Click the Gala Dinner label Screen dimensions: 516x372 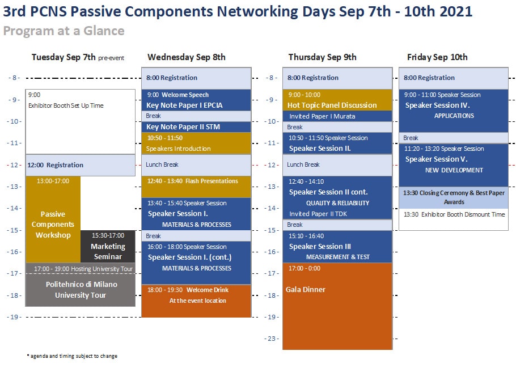click(x=306, y=289)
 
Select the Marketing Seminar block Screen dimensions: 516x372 click(x=108, y=246)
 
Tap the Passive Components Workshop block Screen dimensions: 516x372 click(x=53, y=219)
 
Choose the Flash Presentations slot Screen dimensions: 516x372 click(x=196, y=187)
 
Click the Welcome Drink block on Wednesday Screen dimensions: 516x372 click(x=196, y=301)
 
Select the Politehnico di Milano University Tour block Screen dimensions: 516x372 click(x=81, y=290)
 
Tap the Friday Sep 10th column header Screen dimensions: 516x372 click(x=437, y=57)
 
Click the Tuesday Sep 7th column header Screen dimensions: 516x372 click(x=78, y=57)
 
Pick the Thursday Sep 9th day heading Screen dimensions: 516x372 click(x=322, y=57)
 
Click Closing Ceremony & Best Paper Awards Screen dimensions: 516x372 click(x=454, y=197)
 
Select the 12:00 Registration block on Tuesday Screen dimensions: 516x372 click(x=81, y=165)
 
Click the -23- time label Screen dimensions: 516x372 click(x=272, y=339)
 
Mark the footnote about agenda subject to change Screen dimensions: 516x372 click(x=72, y=356)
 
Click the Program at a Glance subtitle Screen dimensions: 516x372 click(x=64, y=31)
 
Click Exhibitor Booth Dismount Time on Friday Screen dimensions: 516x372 click(x=454, y=214)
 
